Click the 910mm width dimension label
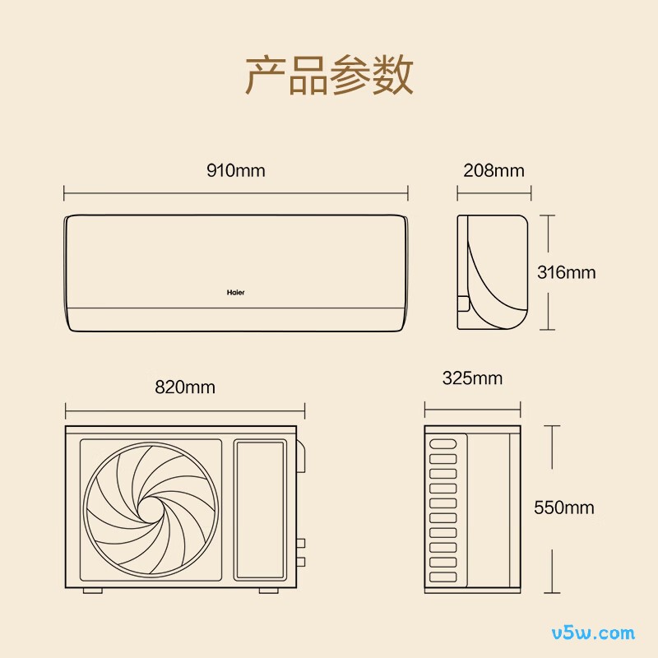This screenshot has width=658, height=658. point(236,170)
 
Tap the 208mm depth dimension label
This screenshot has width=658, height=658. point(494,170)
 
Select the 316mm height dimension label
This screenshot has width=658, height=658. point(567,272)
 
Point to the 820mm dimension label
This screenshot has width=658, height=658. point(185,387)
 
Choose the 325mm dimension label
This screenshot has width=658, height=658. point(472,378)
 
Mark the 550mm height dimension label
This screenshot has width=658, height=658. point(564,507)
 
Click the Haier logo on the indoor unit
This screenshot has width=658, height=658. point(235,292)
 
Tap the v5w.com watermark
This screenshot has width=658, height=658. point(593,633)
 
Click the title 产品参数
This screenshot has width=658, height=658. point(330,75)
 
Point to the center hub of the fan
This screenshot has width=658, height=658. point(150,509)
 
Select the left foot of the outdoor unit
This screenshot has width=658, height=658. point(93,591)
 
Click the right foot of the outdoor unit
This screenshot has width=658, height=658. point(269,591)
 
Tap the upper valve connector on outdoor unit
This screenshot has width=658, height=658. point(301,544)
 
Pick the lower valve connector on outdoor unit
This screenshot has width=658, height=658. point(301,562)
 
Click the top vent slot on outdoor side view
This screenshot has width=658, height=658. point(443,443)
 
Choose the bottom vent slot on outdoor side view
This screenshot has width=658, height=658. point(443,577)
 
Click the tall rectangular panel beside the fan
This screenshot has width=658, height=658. point(260,510)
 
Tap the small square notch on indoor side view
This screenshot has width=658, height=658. point(463,304)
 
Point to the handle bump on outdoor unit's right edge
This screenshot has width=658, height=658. point(301,456)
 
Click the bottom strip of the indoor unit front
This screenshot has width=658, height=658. point(236,320)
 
